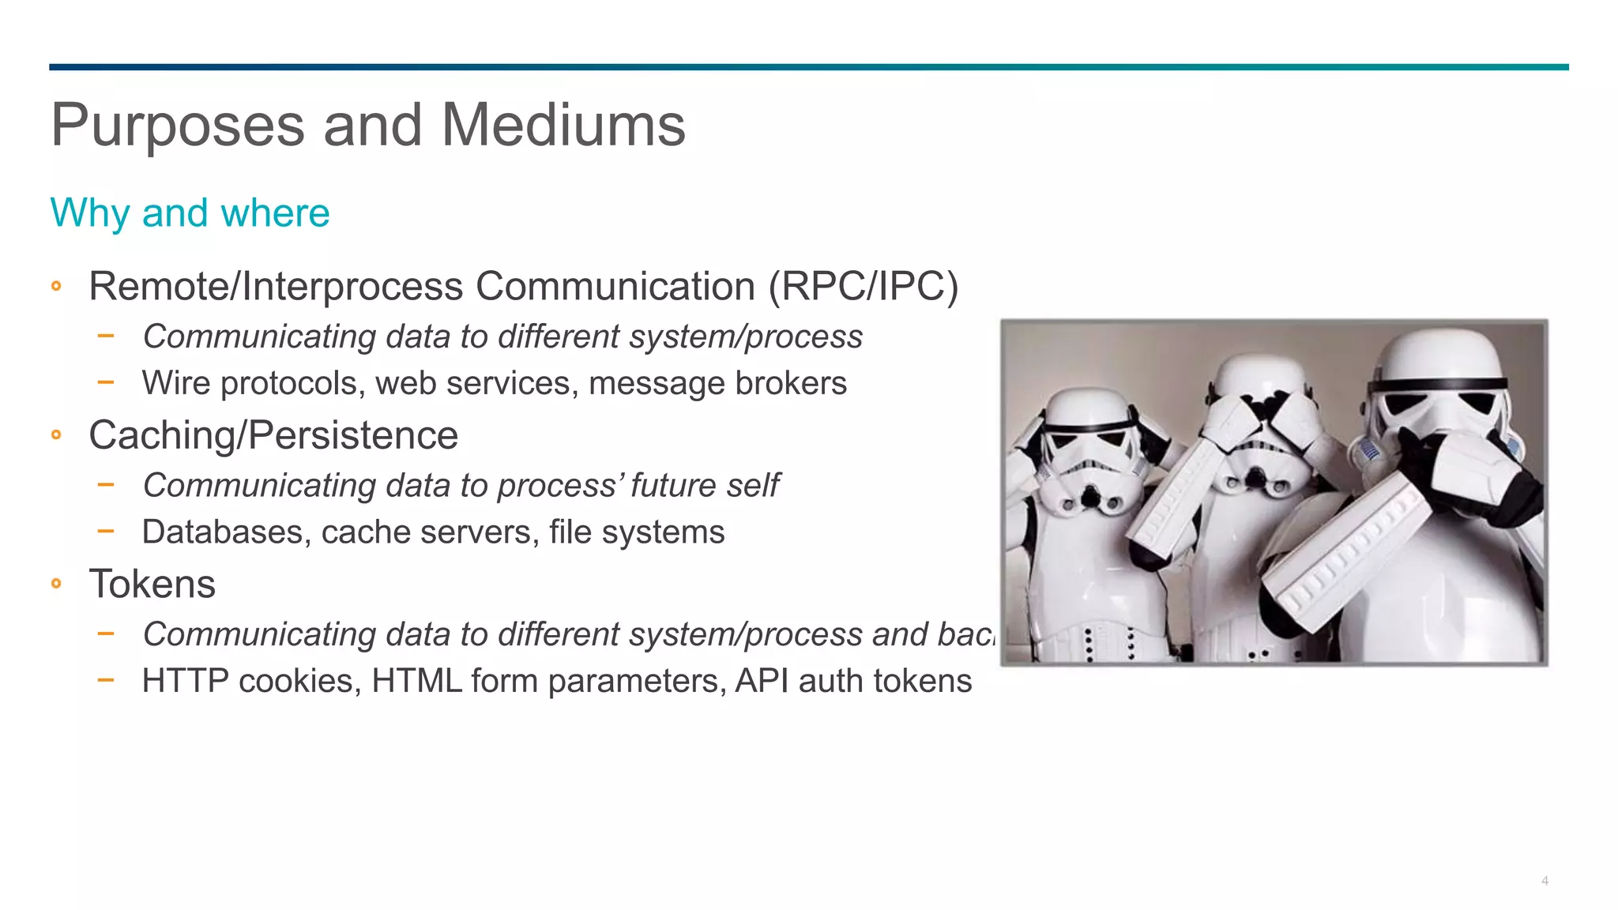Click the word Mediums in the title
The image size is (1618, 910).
click(563, 126)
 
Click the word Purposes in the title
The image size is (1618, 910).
click(178, 126)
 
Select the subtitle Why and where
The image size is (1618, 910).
click(190, 213)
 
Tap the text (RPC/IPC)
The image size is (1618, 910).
click(863, 286)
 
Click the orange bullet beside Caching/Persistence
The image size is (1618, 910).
click(56, 434)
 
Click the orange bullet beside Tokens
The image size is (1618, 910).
click(56, 584)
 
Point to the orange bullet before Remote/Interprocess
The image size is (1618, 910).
click(56, 286)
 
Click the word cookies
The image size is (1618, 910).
click(299, 681)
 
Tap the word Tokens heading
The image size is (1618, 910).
click(152, 585)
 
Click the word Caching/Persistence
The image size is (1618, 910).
click(273, 436)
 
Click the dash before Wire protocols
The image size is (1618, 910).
click(106, 383)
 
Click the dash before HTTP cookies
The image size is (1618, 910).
click(106, 680)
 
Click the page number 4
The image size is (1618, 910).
click(1545, 881)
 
